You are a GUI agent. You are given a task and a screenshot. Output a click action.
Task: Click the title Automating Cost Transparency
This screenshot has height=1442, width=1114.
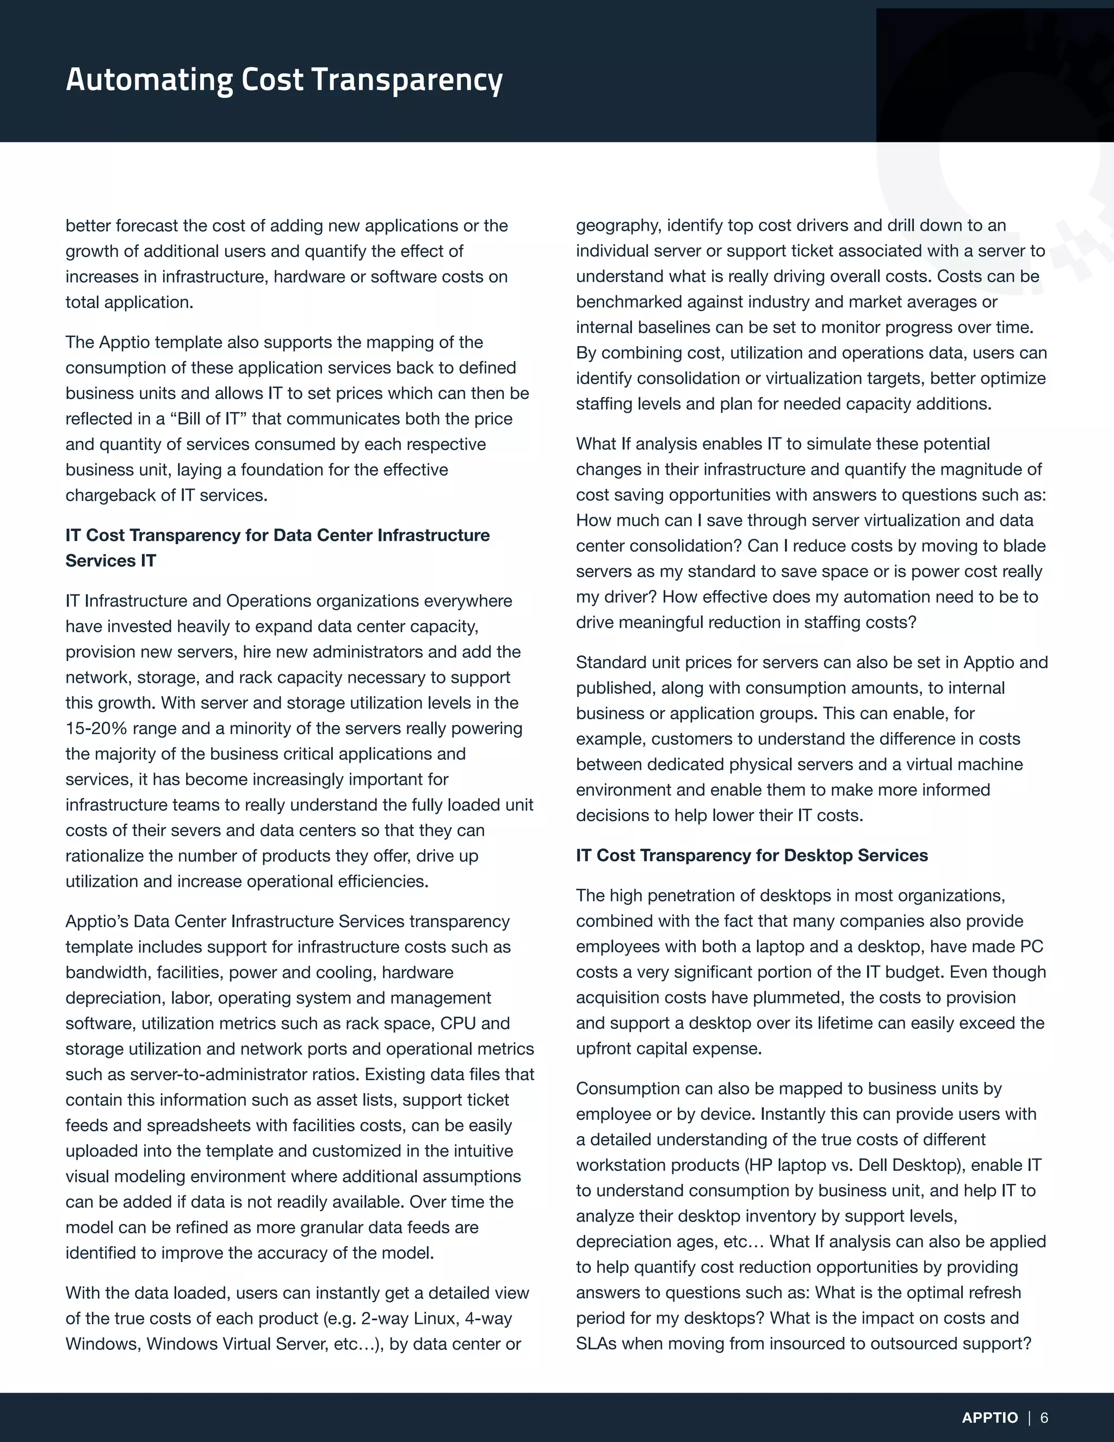point(284,80)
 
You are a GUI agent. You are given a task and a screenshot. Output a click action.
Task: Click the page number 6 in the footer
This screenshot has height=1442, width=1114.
point(1044,1418)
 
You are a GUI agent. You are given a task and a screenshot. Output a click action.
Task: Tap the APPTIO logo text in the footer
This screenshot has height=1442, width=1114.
point(990,1418)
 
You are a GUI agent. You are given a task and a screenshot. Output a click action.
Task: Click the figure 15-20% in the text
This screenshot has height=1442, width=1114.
point(96,728)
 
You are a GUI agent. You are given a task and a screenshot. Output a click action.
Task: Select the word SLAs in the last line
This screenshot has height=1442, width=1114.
point(596,1344)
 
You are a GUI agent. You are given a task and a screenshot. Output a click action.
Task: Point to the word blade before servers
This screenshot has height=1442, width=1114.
point(1023,546)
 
